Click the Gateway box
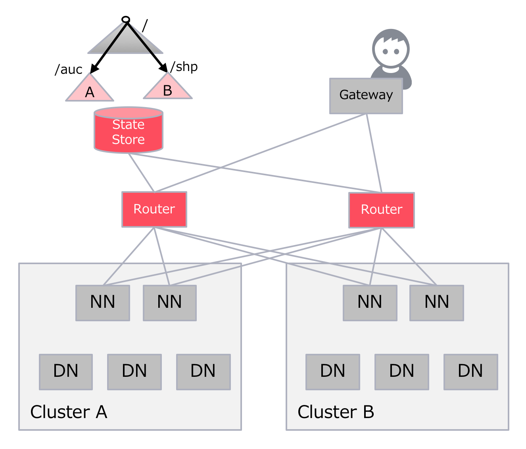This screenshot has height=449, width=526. coord(366,96)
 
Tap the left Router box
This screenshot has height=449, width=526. coord(154,209)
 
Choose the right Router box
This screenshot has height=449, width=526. coord(381,210)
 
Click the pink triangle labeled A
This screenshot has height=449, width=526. coord(90,91)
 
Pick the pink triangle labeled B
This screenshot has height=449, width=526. coord(167,89)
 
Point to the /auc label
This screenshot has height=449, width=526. coord(69,69)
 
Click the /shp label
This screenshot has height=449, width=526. coord(184,67)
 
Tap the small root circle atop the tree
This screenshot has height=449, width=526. coord(126,19)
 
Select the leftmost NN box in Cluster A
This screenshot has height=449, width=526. coord(103,302)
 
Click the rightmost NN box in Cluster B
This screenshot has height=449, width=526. coord(436,302)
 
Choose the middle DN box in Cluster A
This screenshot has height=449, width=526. coord(134,371)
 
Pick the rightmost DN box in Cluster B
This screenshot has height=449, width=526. coord(470,371)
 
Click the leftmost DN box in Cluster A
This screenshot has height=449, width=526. coord(66,371)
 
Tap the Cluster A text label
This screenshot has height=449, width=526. coord(69,412)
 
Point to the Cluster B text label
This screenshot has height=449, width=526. coord(336,412)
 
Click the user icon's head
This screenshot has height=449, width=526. coord(391,49)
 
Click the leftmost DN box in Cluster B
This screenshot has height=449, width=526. coord(332,371)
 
